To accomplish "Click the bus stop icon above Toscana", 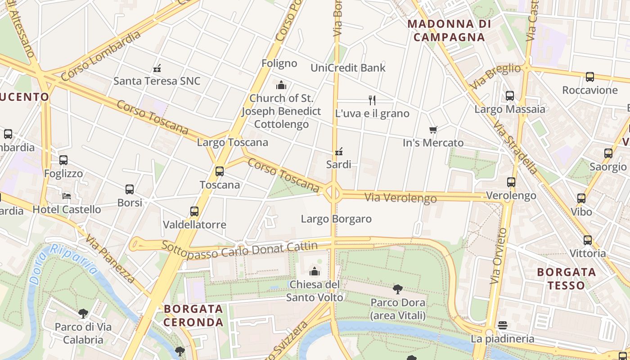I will pyautogui.click(x=220, y=171).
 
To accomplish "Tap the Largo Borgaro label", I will pyautogui.click(x=336, y=219).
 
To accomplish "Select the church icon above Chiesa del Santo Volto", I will pyautogui.click(x=315, y=271).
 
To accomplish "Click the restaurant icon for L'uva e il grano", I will pyautogui.click(x=372, y=100).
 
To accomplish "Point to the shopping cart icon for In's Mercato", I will pyautogui.click(x=433, y=130).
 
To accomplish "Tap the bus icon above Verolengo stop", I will pyautogui.click(x=511, y=182).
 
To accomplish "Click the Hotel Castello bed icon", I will pyautogui.click(x=67, y=196).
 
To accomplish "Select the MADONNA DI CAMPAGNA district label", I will pyautogui.click(x=449, y=31).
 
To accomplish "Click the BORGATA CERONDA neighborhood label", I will pyautogui.click(x=193, y=315).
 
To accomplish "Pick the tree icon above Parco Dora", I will pyautogui.click(x=397, y=289).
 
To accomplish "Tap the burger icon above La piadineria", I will pyautogui.click(x=503, y=325).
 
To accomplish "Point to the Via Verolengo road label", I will pyautogui.click(x=400, y=198).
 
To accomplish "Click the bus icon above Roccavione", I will pyautogui.click(x=589, y=77).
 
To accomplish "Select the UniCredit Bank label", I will pyautogui.click(x=348, y=68).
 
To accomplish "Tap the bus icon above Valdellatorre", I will pyautogui.click(x=194, y=211).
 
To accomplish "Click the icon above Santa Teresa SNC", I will pyautogui.click(x=157, y=68).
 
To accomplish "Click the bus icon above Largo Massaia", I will pyautogui.click(x=509, y=96).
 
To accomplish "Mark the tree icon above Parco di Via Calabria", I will pyautogui.click(x=83, y=313).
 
